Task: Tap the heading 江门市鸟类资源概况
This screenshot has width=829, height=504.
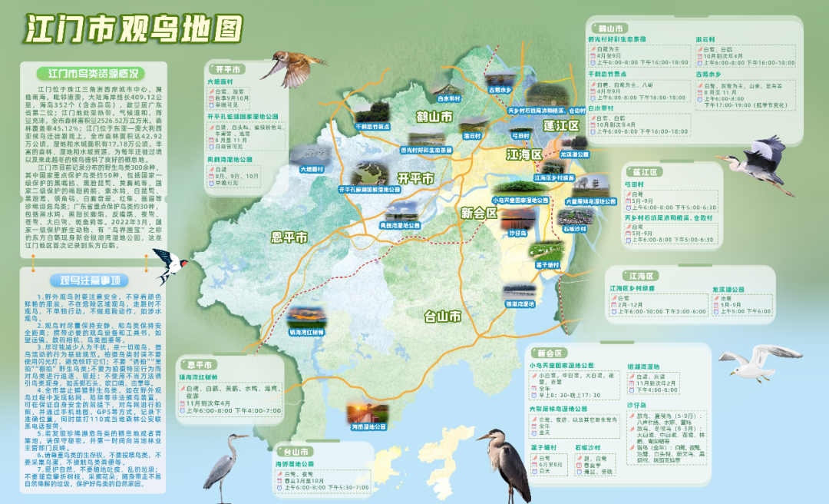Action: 93,75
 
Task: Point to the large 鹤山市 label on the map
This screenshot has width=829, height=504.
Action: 434,117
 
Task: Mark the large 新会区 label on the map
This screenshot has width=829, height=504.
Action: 480,213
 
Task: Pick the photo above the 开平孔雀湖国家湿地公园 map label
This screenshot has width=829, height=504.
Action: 369,174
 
